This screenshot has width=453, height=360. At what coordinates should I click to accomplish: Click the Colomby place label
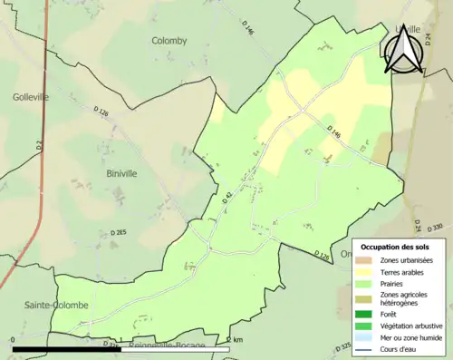coord(169,41)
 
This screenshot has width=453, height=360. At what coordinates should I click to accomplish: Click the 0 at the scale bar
coord(14,341)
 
